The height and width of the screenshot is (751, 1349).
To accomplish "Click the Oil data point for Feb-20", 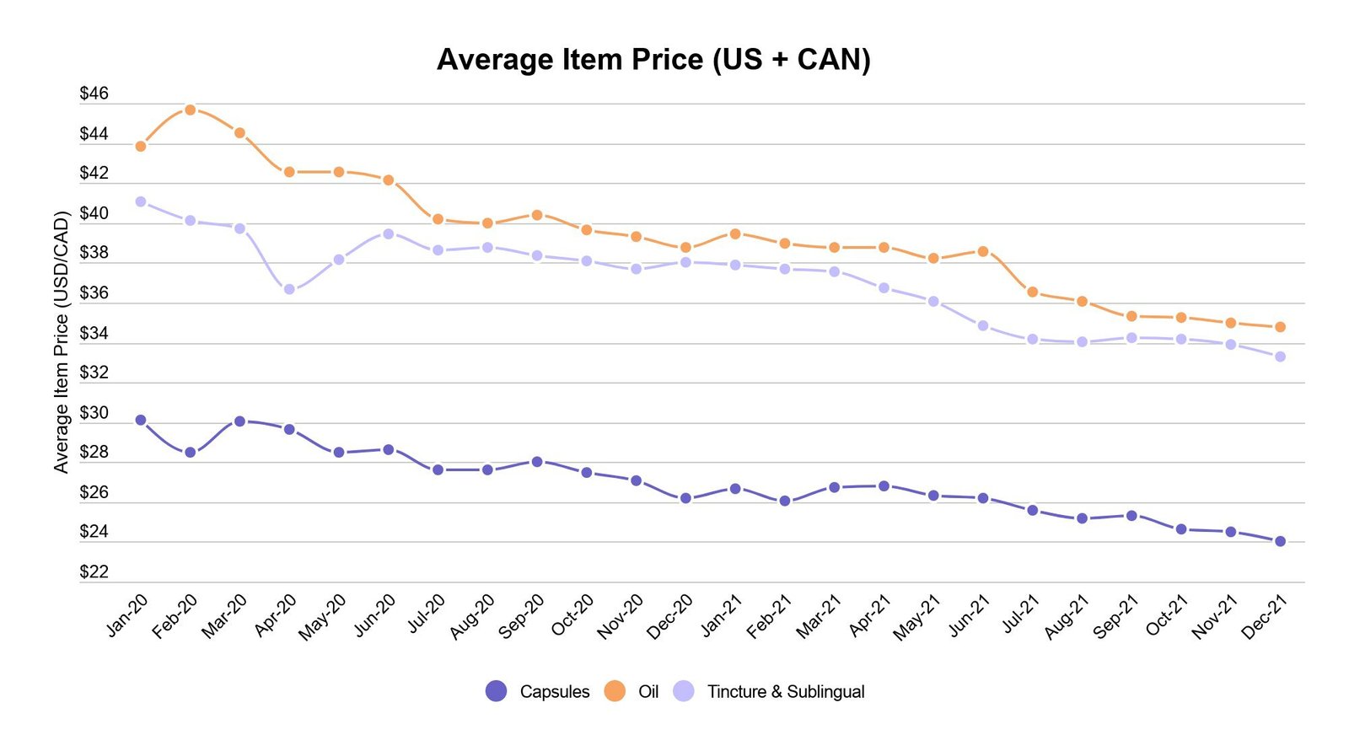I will point(191,110).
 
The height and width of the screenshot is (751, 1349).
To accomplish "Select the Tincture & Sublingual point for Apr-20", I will point(289,289).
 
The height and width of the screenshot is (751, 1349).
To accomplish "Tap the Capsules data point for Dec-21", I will point(1280,541).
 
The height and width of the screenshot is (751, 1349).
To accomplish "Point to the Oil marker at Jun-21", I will point(983,251).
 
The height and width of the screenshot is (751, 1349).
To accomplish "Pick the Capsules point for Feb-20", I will point(191,453).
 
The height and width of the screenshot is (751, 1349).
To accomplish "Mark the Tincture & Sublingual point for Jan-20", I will point(141,201).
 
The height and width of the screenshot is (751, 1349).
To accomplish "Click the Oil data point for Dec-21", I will point(1280,327).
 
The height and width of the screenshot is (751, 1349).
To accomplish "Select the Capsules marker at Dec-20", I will point(685,498).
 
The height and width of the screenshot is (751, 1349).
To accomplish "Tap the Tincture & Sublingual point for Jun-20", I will point(389,233).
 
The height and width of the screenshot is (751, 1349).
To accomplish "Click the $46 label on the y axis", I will point(94,94).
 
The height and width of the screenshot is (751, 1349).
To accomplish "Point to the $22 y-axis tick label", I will point(94,572).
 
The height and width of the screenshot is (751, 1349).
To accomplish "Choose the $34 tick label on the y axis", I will point(94,334).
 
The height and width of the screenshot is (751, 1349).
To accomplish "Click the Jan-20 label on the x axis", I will point(127,614).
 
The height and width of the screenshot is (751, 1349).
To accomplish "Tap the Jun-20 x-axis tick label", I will point(374,615).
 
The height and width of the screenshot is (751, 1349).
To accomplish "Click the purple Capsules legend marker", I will point(497,691).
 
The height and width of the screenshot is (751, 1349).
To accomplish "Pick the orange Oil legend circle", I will point(615,691).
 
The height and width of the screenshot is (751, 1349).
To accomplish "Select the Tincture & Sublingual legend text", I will point(786,692).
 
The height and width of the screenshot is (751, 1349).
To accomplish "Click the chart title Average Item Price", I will point(653,60).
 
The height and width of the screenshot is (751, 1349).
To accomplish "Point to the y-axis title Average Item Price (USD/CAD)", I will point(61,341).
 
